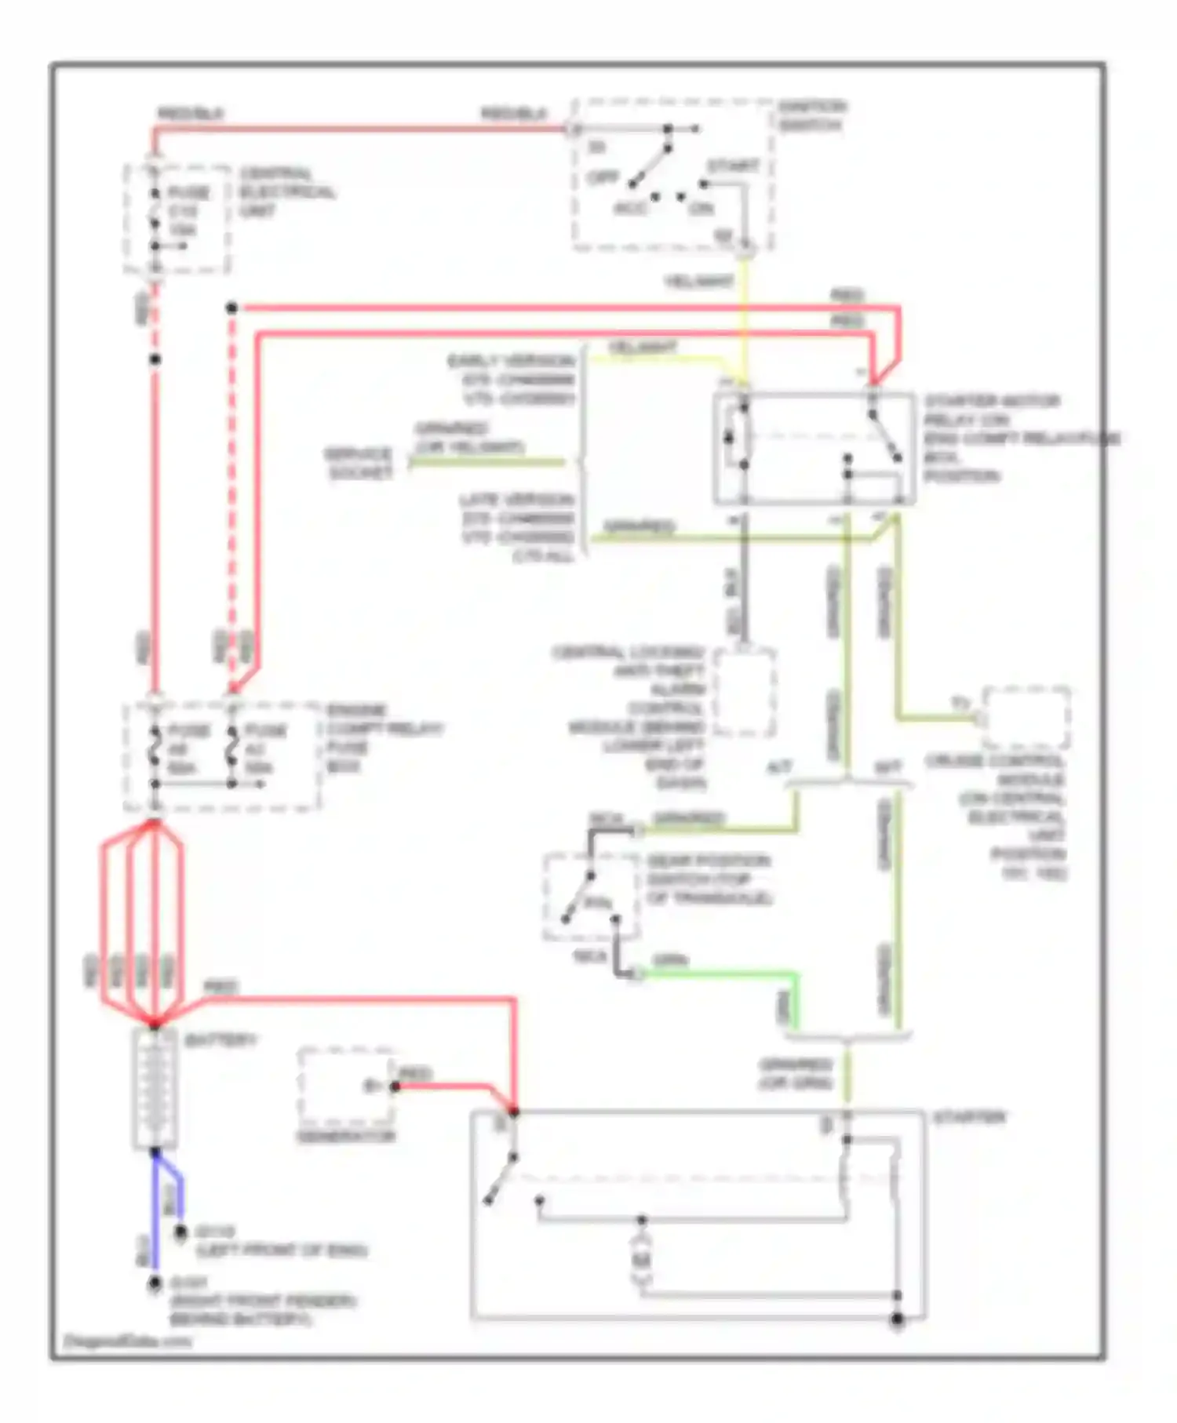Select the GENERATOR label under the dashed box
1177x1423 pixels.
click(x=345, y=1136)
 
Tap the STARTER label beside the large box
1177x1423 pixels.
click(x=969, y=1117)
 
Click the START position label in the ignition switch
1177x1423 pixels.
click(x=733, y=166)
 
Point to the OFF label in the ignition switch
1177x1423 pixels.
click(x=603, y=177)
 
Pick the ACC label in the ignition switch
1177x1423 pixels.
click(x=629, y=209)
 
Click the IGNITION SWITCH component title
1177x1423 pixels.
click(x=811, y=115)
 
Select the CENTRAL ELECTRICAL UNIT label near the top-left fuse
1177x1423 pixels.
click(x=287, y=191)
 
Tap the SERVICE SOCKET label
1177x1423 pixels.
click(x=359, y=464)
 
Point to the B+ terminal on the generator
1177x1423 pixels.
click(x=374, y=1086)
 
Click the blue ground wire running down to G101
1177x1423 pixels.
click(x=155, y=1224)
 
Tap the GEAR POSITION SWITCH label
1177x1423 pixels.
click(x=709, y=879)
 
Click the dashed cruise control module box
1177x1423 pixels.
click(x=1026, y=718)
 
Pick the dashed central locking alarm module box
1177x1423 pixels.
click(x=744, y=692)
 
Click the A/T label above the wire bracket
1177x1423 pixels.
click(x=778, y=766)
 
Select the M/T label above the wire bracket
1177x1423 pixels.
click(x=887, y=766)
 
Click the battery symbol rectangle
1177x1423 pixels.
click(x=155, y=1088)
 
